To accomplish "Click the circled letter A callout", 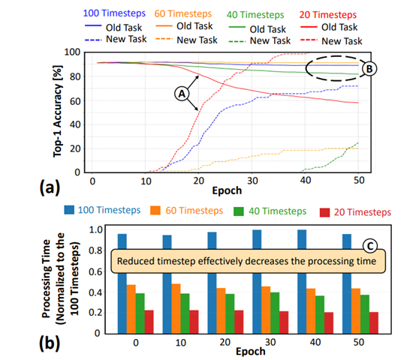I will tap(181, 94).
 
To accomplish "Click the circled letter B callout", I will tap(369, 68).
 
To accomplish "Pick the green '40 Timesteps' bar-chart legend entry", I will tap(267, 211).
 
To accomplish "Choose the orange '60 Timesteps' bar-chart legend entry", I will tap(184, 211).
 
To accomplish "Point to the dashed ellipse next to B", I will tap(336, 68).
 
